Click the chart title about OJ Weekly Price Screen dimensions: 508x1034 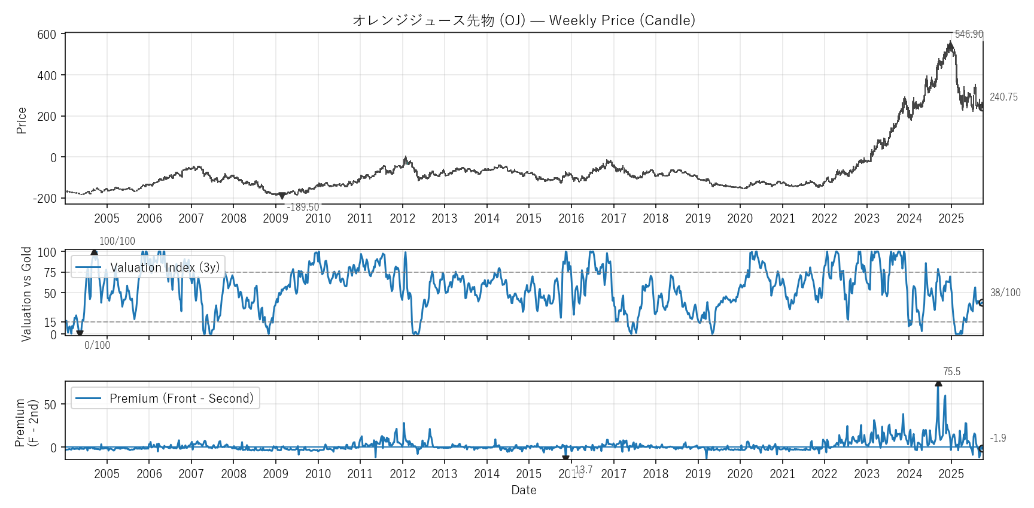click(x=524, y=20)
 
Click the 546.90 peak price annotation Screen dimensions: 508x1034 click(x=968, y=34)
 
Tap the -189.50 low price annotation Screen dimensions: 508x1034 click(x=303, y=207)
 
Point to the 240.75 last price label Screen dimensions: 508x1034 click(x=1003, y=97)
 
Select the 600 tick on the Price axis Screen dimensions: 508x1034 click(x=47, y=35)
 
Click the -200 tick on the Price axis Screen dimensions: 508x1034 click(x=45, y=198)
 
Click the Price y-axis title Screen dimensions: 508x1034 click(x=22, y=120)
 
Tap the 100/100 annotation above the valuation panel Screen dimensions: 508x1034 click(x=117, y=241)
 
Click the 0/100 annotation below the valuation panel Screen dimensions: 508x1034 click(x=97, y=345)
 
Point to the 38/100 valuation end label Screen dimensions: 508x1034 click(x=1005, y=293)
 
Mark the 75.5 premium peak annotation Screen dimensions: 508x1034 click(x=951, y=372)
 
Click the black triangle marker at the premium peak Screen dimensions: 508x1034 click(x=938, y=384)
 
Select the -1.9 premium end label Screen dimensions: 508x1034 click(x=997, y=438)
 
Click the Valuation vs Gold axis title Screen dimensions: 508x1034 click(x=26, y=294)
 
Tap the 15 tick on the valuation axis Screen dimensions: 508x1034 click(x=50, y=323)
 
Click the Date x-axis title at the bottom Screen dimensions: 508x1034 click(x=524, y=490)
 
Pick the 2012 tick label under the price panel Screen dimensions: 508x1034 click(x=402, y=218)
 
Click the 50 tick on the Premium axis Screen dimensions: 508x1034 click(x=50, y=404)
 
